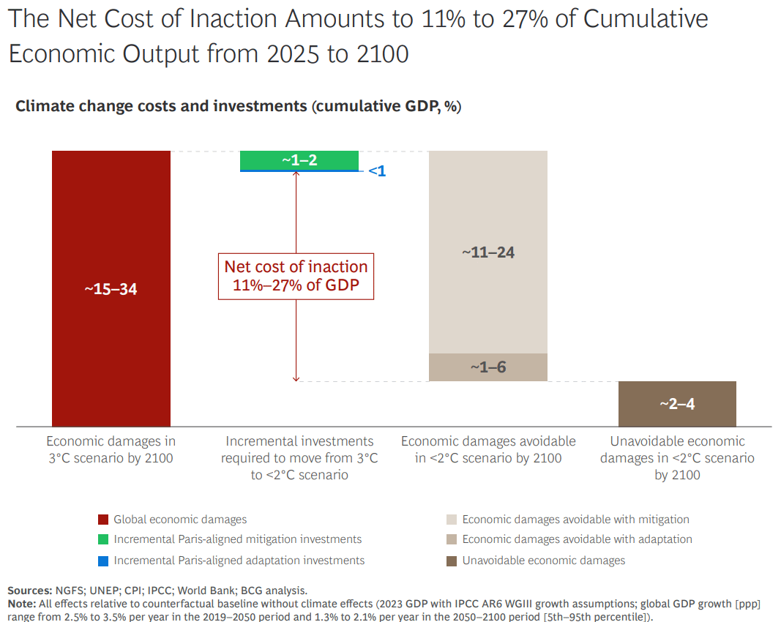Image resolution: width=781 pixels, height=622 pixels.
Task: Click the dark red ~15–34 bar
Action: click(x=111, y=288)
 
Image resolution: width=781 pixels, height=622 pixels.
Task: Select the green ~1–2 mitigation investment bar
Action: click(x=299, y=160)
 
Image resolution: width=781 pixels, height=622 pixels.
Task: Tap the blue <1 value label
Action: click(x=377, y=171)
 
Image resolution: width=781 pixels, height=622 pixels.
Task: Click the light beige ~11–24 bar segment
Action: click(x=488, y=252)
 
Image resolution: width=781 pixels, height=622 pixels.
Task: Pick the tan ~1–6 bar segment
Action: click(x=488, y=367)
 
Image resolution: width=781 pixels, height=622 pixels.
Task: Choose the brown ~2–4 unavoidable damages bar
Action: click(x=677, y=404)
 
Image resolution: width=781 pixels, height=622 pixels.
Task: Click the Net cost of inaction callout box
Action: click(x=296, y=277)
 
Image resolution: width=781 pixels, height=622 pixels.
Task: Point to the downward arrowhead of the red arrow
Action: click(x=296, y=380)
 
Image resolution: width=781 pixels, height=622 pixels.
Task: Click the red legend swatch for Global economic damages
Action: click(x=103, y=520)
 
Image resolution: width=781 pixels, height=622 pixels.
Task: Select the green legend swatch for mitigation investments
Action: click(x=103, y=539)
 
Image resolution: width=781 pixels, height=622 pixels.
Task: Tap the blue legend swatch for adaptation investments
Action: click(x=103, y=561)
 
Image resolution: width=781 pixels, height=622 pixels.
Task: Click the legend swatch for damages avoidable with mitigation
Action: click(x=452, y=520)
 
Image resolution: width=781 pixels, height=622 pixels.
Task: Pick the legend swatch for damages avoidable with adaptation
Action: click(x=452, y=539)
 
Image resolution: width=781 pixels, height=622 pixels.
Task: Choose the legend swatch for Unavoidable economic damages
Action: click(x=452, y=561)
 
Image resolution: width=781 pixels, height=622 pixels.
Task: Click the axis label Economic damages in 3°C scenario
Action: click(x=111, y=450)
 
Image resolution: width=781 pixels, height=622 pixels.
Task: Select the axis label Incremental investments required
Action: click(x=299, y=458)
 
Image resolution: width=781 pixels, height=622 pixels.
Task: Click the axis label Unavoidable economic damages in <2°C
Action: click(x=677, y=458)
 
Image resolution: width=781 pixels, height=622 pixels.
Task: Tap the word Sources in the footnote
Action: click(x=29, y=591)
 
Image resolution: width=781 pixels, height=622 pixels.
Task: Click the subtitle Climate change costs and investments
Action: click(x=161, y=106)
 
